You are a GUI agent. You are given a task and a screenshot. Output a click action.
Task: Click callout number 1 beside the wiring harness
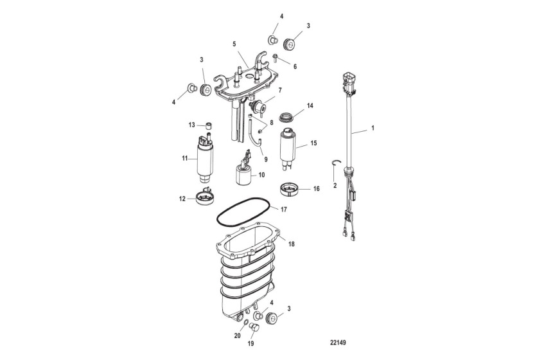(x=373, y=128)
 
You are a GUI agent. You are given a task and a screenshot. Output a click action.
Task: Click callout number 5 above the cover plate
(x=234, y=44)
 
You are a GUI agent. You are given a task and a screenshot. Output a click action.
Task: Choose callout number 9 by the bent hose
(x=265, y=158)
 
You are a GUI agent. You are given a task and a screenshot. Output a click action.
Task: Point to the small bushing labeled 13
(x=209, y=125)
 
